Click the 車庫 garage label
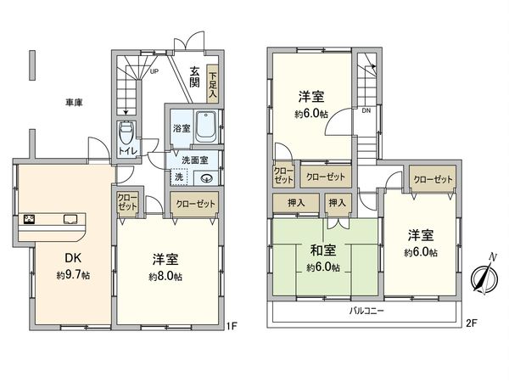[x=73, y=103]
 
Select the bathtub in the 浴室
[x=206, y=128]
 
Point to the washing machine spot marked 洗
[x=179, y=177]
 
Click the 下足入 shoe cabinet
[x=213, y=85]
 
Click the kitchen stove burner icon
[x=29, y=220]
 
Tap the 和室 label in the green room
[x=322, y=250]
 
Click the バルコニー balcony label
[x=366, y=312]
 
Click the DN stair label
[x=366, y=110]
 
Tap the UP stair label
[x=154, y=71]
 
